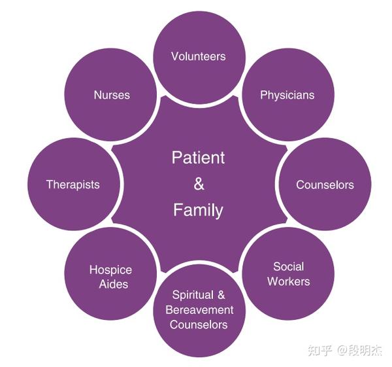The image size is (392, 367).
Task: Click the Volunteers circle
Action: pyautogui.click(x=199, y=58)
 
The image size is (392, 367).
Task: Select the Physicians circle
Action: pyautogui.click(x=288, y=95)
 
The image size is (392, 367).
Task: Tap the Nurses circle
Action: pyautogui.click(x=110, y=95)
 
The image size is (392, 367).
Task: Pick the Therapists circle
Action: pyautogui.click(x=74, y=184)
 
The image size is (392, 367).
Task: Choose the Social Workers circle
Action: pyautogui.click(x=288, y=273)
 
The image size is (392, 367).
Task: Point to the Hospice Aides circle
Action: pyautogui.click(x=110, y=273)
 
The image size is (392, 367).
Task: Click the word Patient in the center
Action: pyautogui.click(x=198, y=158)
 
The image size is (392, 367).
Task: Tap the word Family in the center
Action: pyautogui.click(x=198, y=210)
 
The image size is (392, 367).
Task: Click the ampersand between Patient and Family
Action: pyautogui.click(x=199, y=184)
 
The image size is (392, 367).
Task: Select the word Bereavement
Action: pyautogui.click(x=199, y=310)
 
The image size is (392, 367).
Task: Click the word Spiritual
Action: pyautogui.click(x=193, y=296)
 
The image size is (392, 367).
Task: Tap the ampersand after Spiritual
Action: pyautogui.click(x=221, y=294)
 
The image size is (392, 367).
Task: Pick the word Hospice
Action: pyautogui.click(x=110, y=270)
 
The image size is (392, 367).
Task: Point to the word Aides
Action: pyautogui.click(x=114, y=284)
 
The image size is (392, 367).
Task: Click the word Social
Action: pyautogui.click(x=289, y=267)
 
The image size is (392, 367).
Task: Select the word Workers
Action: pyautogui.click(x=289, y=281)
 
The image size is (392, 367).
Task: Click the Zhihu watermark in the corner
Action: pyautogui.click(x=345, y=350)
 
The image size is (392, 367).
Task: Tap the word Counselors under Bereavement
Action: pyautogui.click(x=199, y=324)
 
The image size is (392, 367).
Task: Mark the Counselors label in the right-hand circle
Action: pyautogui.click(x=325, y=184)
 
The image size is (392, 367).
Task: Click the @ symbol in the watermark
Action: pyautogui.click(x=342, y=350)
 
